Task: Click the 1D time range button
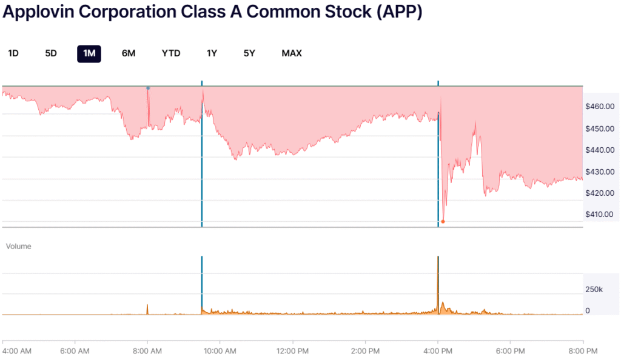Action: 13,53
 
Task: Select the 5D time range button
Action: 51,53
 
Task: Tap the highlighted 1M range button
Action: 89,53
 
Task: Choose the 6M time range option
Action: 129,53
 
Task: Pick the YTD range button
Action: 171,53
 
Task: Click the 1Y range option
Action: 212,53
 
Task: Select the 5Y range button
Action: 249,53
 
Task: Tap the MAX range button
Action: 292,53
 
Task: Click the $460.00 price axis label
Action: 600,107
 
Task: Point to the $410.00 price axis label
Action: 600,215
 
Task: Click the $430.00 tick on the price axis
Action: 600,172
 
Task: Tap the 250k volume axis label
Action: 594,290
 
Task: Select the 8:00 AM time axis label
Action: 147,350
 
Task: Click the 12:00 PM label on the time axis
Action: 293,350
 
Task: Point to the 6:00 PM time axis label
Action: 511,350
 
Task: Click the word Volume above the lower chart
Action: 18,247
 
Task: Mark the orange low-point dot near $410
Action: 443,221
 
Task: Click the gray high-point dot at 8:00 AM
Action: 147,88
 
